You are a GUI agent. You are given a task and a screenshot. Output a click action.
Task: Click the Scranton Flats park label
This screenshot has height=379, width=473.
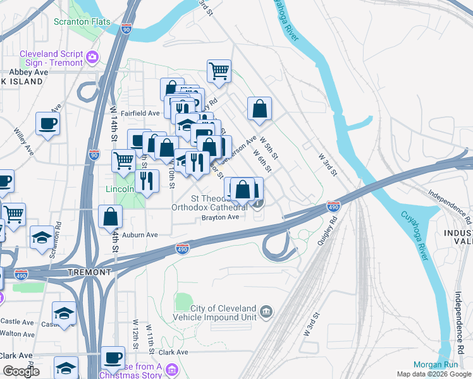pos(82,22)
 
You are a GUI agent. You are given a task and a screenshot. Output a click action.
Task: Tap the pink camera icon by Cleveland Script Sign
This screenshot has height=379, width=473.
pos(93,57)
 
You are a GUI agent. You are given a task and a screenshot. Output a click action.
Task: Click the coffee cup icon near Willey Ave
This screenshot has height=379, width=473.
pos(47,123)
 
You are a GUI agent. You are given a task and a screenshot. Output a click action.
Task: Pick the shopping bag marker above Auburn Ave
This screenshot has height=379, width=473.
pos(110,217)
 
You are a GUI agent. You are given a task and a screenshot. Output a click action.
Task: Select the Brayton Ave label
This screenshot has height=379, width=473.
pos(220,217)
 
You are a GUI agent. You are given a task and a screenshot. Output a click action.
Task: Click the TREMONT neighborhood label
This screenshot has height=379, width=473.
pos(89,272)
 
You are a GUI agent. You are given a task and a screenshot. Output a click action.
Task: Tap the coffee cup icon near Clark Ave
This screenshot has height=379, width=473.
pos(113,358)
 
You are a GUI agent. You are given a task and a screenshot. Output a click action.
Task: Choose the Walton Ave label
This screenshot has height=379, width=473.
pos(17,333)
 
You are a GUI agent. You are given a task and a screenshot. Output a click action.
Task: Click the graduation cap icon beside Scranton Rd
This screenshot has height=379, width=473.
pos(42,238)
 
